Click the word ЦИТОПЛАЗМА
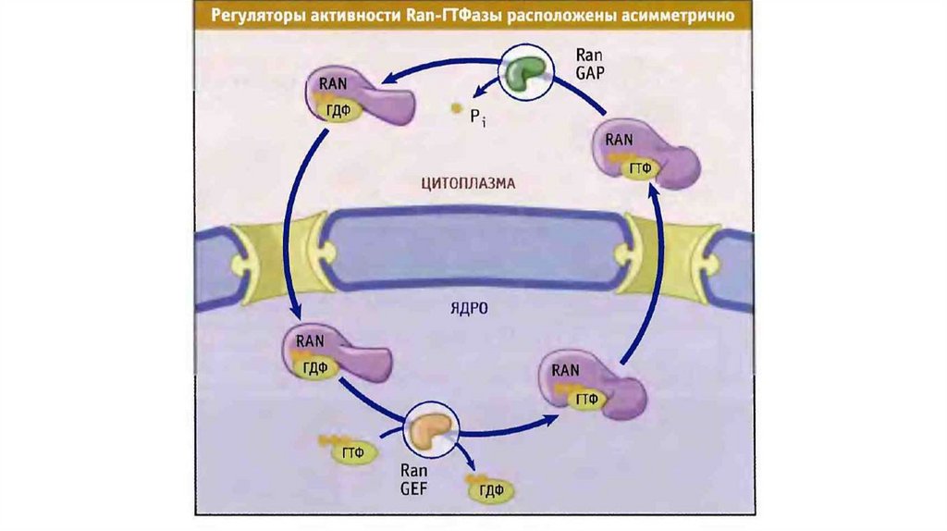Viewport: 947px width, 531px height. pyautogui.click(x=467, y=184)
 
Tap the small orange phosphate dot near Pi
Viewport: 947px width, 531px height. pyautogui.click(x=455, y=109)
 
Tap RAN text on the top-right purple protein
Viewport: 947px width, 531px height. pyautogui.click(x=618, y=140)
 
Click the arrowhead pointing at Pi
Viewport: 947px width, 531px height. pyautogui.click(x=472, y=93)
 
